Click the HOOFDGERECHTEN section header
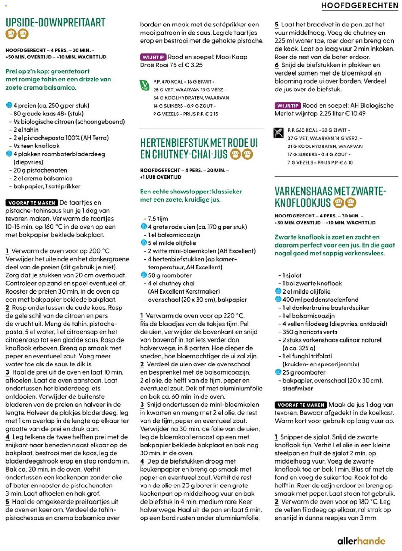(359, 5)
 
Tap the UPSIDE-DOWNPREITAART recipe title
(56, 23)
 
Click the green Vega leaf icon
(144, 85)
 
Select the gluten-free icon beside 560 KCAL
(278, 133)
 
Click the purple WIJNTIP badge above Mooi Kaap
(153, 57)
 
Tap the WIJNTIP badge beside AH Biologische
(287, 106)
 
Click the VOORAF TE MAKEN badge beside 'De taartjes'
(32, 203)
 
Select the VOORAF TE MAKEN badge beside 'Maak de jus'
(301, 405)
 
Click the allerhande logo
(361, 541)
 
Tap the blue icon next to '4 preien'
(9, 105)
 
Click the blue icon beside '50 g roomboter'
(144, 275)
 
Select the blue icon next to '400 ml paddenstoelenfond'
(278, 299)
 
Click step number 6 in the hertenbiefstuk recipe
(277, 65)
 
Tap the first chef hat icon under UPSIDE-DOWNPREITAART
(11, 34)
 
